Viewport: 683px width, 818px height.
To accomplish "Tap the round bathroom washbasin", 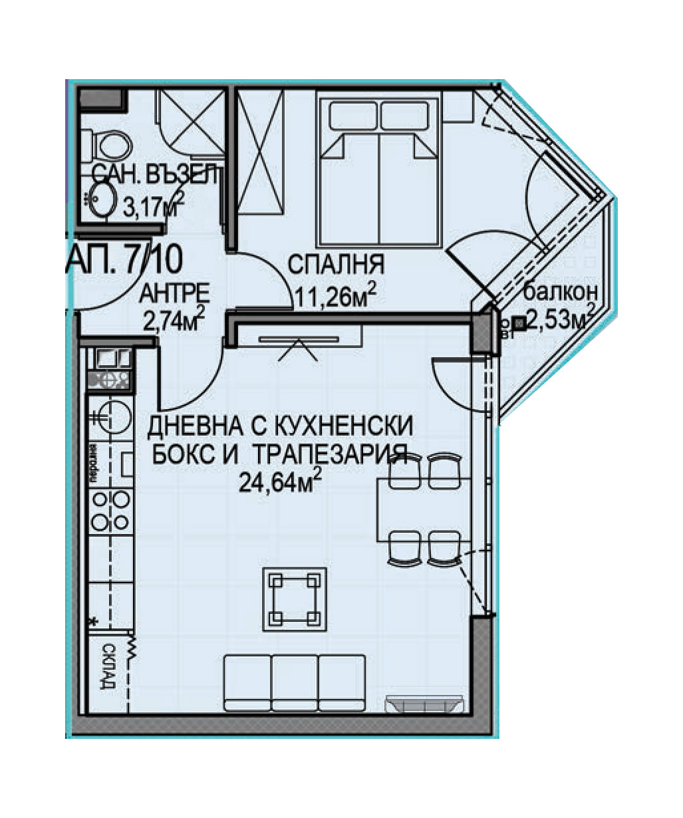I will click(103, 198).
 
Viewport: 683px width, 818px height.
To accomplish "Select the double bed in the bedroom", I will click(379, 172).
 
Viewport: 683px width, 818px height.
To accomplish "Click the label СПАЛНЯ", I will click(335, 265).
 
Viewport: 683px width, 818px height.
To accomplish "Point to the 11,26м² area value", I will click(337, 295).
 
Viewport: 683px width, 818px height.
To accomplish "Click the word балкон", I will click(561, 291).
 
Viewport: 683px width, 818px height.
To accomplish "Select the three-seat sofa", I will click(295, 683).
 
